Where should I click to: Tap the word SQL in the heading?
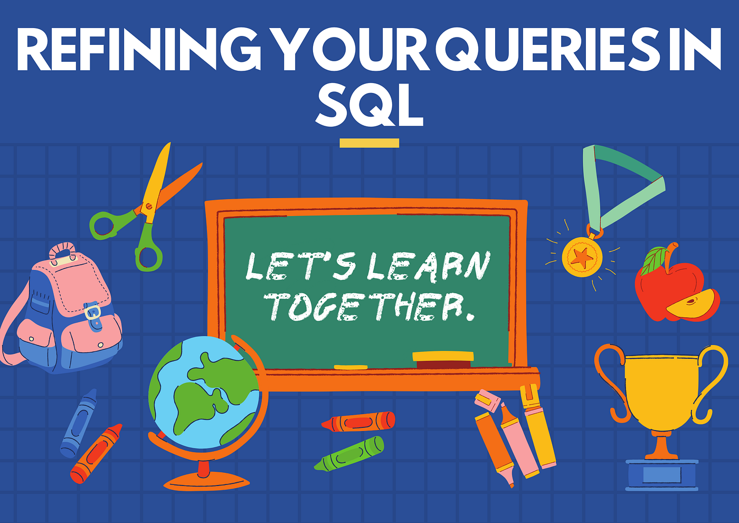(369, 105)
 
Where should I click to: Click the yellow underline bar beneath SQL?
(369, 143)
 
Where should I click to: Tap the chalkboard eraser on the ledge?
(443, 359)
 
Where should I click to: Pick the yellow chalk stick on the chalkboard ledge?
(350, 367)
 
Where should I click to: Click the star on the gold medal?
(582, 257)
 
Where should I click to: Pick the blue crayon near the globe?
(79, 423)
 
